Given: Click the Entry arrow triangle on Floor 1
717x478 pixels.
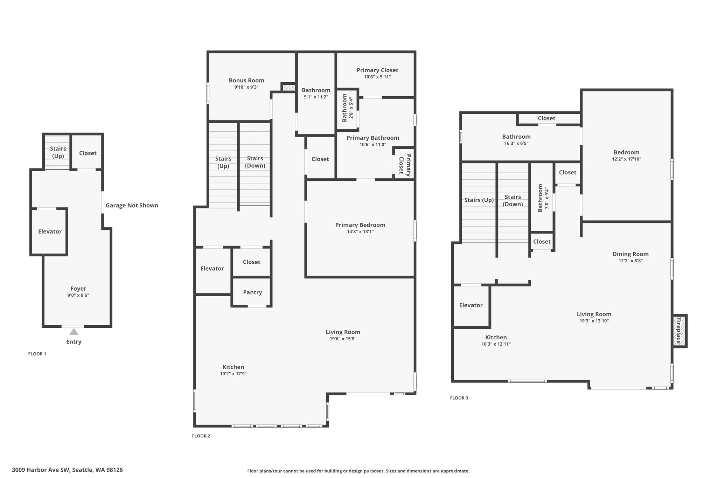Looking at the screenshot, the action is point(74,332).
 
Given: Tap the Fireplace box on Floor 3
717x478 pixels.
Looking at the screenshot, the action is point(679,331).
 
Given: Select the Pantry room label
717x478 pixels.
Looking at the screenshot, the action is point(252,292).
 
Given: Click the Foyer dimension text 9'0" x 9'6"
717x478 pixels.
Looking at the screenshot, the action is point(78,295).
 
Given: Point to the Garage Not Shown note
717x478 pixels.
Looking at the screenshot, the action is point(132,205).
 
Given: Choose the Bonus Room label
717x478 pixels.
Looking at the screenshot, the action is point(246,80).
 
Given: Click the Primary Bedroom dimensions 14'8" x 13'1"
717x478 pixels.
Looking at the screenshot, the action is point(360,231).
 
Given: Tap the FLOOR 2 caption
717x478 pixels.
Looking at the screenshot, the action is point(201,436).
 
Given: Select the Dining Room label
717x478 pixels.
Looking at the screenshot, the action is point(631,254).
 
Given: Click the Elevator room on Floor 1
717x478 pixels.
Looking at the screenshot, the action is point(49,231).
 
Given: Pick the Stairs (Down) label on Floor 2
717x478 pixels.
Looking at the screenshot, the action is point(255,162).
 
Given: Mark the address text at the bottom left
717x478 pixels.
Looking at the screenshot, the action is point(67,470).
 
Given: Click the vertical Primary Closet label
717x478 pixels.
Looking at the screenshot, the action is point(405,164).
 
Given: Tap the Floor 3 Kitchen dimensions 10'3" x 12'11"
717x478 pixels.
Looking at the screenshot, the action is point(496,344).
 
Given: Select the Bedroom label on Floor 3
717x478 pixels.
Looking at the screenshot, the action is point(626,152).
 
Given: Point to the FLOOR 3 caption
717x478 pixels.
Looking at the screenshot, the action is point(459,398).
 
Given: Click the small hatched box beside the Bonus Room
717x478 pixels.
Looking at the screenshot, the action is point(289,87).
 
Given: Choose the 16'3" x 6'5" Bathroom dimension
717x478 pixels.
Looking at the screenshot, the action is point(516,143).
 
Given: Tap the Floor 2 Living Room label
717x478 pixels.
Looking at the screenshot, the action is point(343,332).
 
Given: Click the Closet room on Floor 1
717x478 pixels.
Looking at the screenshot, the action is point(87,153).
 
